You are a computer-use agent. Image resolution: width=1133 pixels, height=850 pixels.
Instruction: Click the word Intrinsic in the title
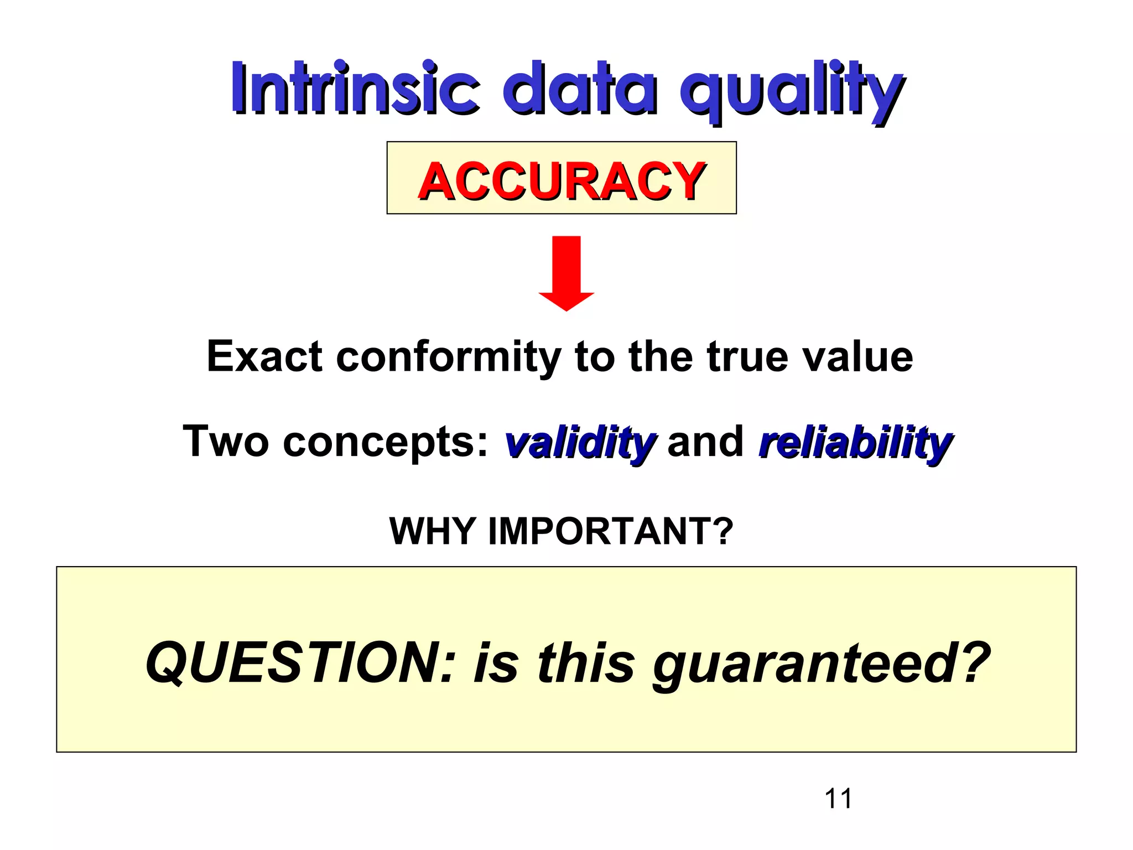[355, 89]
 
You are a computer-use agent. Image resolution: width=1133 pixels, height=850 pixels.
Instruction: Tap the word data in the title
[579, 89]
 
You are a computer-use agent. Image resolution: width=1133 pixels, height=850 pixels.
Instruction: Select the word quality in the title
[792, 91]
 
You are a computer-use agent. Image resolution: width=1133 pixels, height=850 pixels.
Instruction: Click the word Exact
[264, 356]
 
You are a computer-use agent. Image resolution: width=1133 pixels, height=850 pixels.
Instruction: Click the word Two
[226, 441]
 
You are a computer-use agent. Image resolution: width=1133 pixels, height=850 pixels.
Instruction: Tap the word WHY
[432, 531]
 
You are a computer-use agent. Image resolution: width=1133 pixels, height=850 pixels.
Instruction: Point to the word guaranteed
[821, 664]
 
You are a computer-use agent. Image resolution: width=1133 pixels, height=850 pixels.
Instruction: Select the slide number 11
[838, 799]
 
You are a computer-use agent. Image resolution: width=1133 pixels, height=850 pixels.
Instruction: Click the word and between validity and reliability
[706, 442]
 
